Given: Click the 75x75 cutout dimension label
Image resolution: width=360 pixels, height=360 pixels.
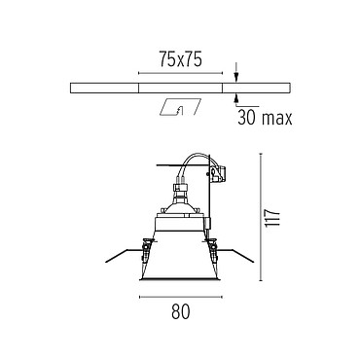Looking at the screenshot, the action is pos(180,59).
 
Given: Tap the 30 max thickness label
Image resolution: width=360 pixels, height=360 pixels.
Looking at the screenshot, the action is pos(265,118).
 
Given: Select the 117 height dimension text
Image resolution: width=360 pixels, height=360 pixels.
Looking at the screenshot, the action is pos(272,219).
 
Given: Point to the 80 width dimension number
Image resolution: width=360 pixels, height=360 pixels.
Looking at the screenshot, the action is pos(181,311).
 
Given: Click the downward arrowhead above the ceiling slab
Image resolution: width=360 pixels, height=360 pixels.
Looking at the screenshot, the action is pos(236,77).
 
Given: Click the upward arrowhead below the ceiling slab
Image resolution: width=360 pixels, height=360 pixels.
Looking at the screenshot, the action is pos(236,98).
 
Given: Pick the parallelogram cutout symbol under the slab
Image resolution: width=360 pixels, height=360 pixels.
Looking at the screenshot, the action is pos(180,106).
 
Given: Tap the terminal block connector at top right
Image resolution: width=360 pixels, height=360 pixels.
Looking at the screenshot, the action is pos(218,173).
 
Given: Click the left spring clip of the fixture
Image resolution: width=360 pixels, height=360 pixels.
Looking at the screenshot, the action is pos(146,250).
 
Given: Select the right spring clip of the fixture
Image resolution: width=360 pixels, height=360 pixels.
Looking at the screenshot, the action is pos(213,250).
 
